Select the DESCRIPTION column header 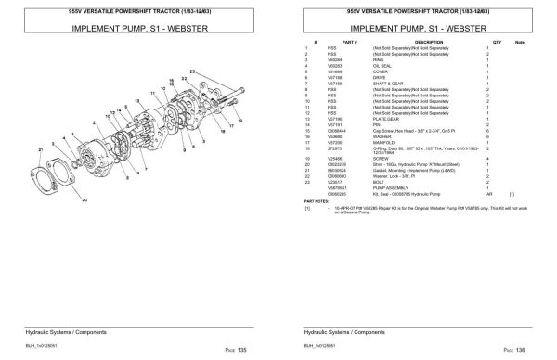coord(428,41)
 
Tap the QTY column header coord(497,41)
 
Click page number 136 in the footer coord(524,348)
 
